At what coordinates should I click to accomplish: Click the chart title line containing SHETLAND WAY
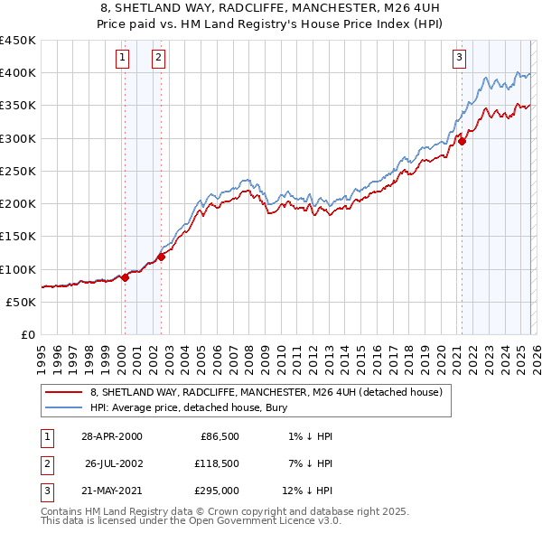coord(270,8)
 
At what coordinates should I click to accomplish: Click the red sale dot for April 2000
coord(125,278)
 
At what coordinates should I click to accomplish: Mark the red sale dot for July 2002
coord(161,257)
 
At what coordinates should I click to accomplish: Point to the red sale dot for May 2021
coord(462,141)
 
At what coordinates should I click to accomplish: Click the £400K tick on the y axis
coord(18,73)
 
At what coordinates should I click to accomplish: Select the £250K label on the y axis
coord(18,171)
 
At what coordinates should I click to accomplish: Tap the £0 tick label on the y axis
coord(28,335)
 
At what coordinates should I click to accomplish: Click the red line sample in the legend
coord(63,393)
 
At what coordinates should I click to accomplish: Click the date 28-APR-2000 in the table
coord(111,436)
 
